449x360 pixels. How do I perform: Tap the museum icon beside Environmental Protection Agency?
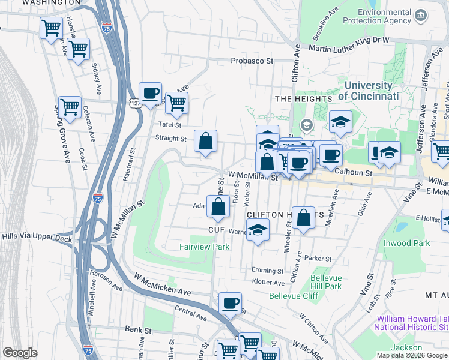pyautogui.click(x=420, y=14)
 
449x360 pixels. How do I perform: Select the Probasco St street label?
pyautogui.click(x=253, y=61)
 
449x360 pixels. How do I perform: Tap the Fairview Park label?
pyautogui.click(x=205, y=247)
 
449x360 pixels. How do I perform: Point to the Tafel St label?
pyautogui.click(x=170, y=125)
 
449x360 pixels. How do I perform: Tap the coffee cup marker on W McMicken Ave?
pyautogui.click(x=230, y=304)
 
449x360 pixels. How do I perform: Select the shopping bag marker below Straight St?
pyautogui.click(x=205, y=142)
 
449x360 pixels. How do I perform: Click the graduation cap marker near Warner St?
pyautogui.click(x=258, y=230)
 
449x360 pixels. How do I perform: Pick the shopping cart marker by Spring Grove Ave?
pyautogui.click(x=70, y=108)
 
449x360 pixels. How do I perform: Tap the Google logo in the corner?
pyautogui.click(x=20, y=353)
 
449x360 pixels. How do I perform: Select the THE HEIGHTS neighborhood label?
pyautogui.click(x=303, y=98)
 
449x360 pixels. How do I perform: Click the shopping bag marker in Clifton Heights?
pyautogui.click(x=304, y=219)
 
